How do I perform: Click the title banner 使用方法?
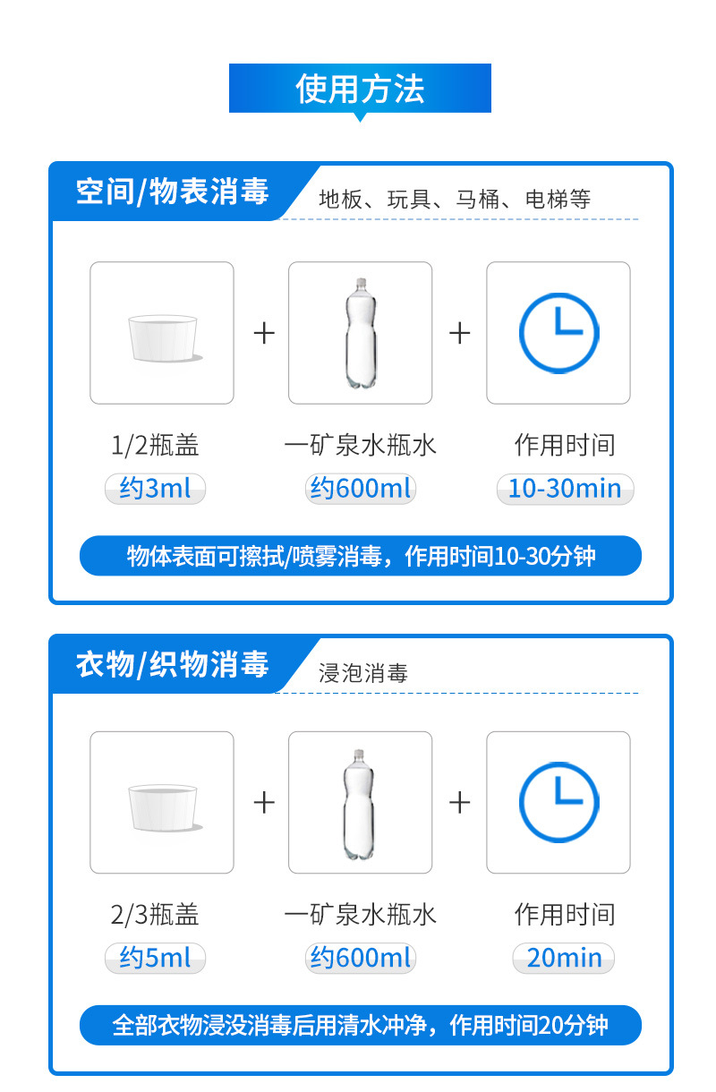pos(360,89)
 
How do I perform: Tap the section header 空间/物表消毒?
pos(172,192)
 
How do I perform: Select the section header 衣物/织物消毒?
pos(172,664)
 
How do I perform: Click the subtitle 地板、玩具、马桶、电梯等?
pos(455,199)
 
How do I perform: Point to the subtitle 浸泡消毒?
pos(363,673)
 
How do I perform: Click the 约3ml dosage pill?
pos(155,489)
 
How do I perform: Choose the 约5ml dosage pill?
pos(155,958)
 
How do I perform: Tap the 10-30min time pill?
pos(565,489)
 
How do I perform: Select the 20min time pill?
pos(564,958)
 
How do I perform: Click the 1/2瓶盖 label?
pos(155,445)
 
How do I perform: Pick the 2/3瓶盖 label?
pos(155,914)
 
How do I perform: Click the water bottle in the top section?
pos(361,334)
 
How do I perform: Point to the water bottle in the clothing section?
pos(359,805)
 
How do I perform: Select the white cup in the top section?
pos(163,339)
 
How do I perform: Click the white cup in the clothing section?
pos(163,807)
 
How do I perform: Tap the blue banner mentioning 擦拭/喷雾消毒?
pos(361,556)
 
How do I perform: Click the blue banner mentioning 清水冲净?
pos(361,1025)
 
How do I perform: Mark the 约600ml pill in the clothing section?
pos(360,958)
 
